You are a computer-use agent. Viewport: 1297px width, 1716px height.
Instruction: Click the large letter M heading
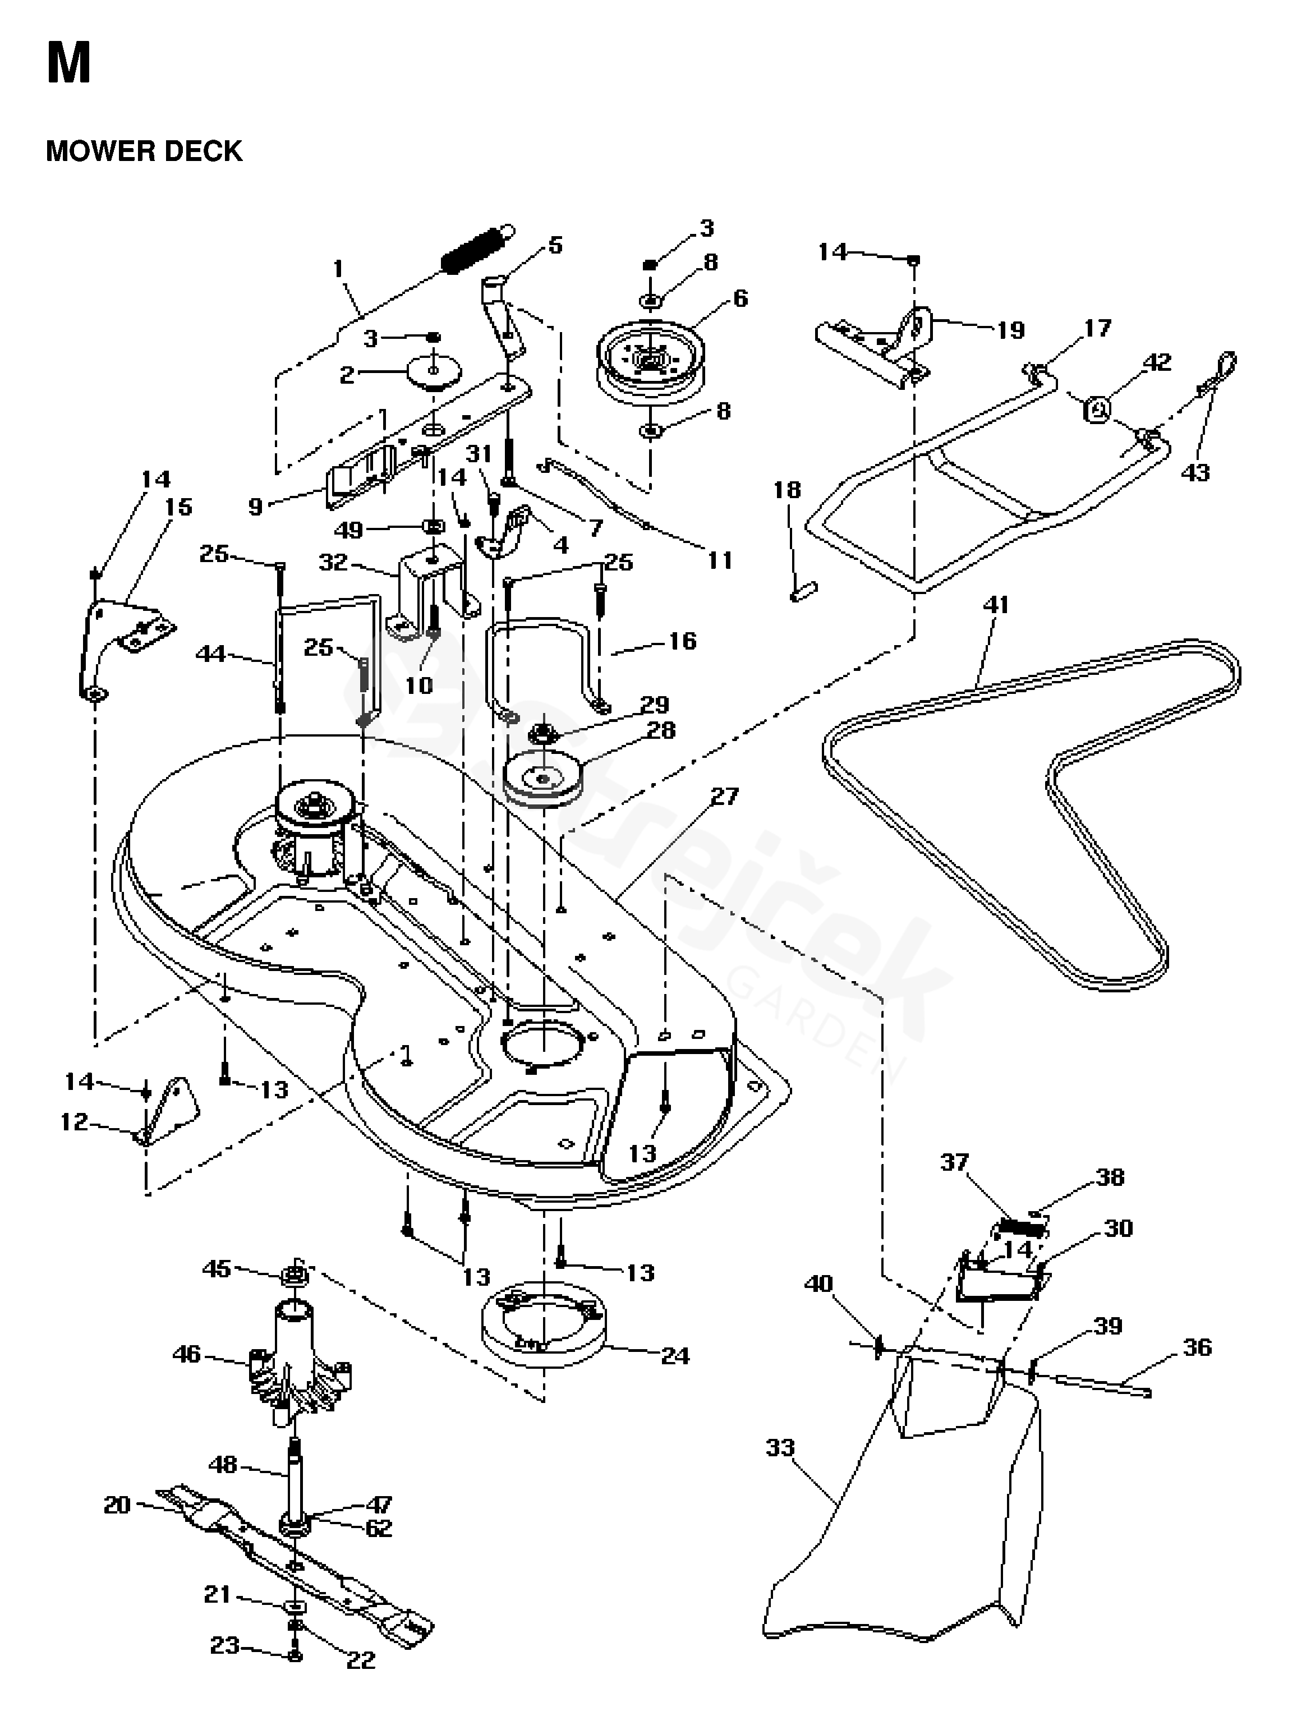(x=68, y=63)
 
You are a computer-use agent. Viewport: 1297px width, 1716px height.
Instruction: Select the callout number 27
(x=725, y=796)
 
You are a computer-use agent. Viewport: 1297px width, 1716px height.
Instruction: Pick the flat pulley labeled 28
(x=543, y=784)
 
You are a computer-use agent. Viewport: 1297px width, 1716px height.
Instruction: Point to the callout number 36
(x=1196, y=1347)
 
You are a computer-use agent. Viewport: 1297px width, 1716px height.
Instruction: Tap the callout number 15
(x=178, y=507)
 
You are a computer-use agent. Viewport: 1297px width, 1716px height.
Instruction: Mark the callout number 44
(x=210, y=654)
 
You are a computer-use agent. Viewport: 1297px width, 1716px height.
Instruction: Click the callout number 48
(x=223, y=1465)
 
